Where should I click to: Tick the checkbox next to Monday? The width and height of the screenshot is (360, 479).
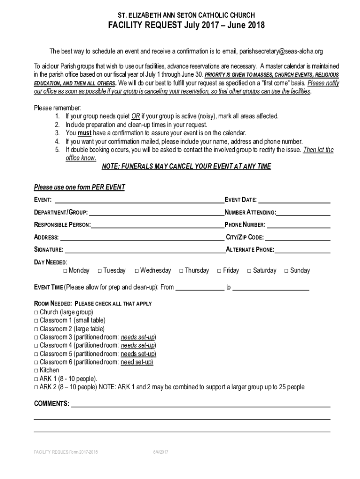click(x=65, y=271)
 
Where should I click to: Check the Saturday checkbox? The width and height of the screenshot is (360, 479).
click(x=250, y=271)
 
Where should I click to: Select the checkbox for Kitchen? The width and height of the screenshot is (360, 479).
click(x=36, y=370)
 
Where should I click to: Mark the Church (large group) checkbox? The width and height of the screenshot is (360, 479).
click(x=36, y=312)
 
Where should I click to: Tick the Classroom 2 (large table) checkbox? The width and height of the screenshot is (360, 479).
click(x=36, y=329)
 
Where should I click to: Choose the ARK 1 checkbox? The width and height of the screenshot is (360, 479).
click(x=36, y=379)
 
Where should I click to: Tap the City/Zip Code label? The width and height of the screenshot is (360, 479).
click(x=245, y=237)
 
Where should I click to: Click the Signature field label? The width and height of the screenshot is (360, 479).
click(x=49, y=250)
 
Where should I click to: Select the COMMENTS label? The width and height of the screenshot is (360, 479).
click(x=51, y=404)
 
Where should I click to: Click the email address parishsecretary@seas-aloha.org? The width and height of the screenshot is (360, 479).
click(x=281, y=51)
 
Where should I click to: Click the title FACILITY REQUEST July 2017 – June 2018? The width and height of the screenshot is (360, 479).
click(x=180, y=26)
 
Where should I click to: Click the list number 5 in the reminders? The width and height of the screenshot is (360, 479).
click(x=57, y=150)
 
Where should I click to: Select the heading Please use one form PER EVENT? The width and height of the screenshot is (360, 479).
click(x=79, y=188)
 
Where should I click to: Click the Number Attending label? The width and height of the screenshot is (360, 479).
click(x=250, y=213)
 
